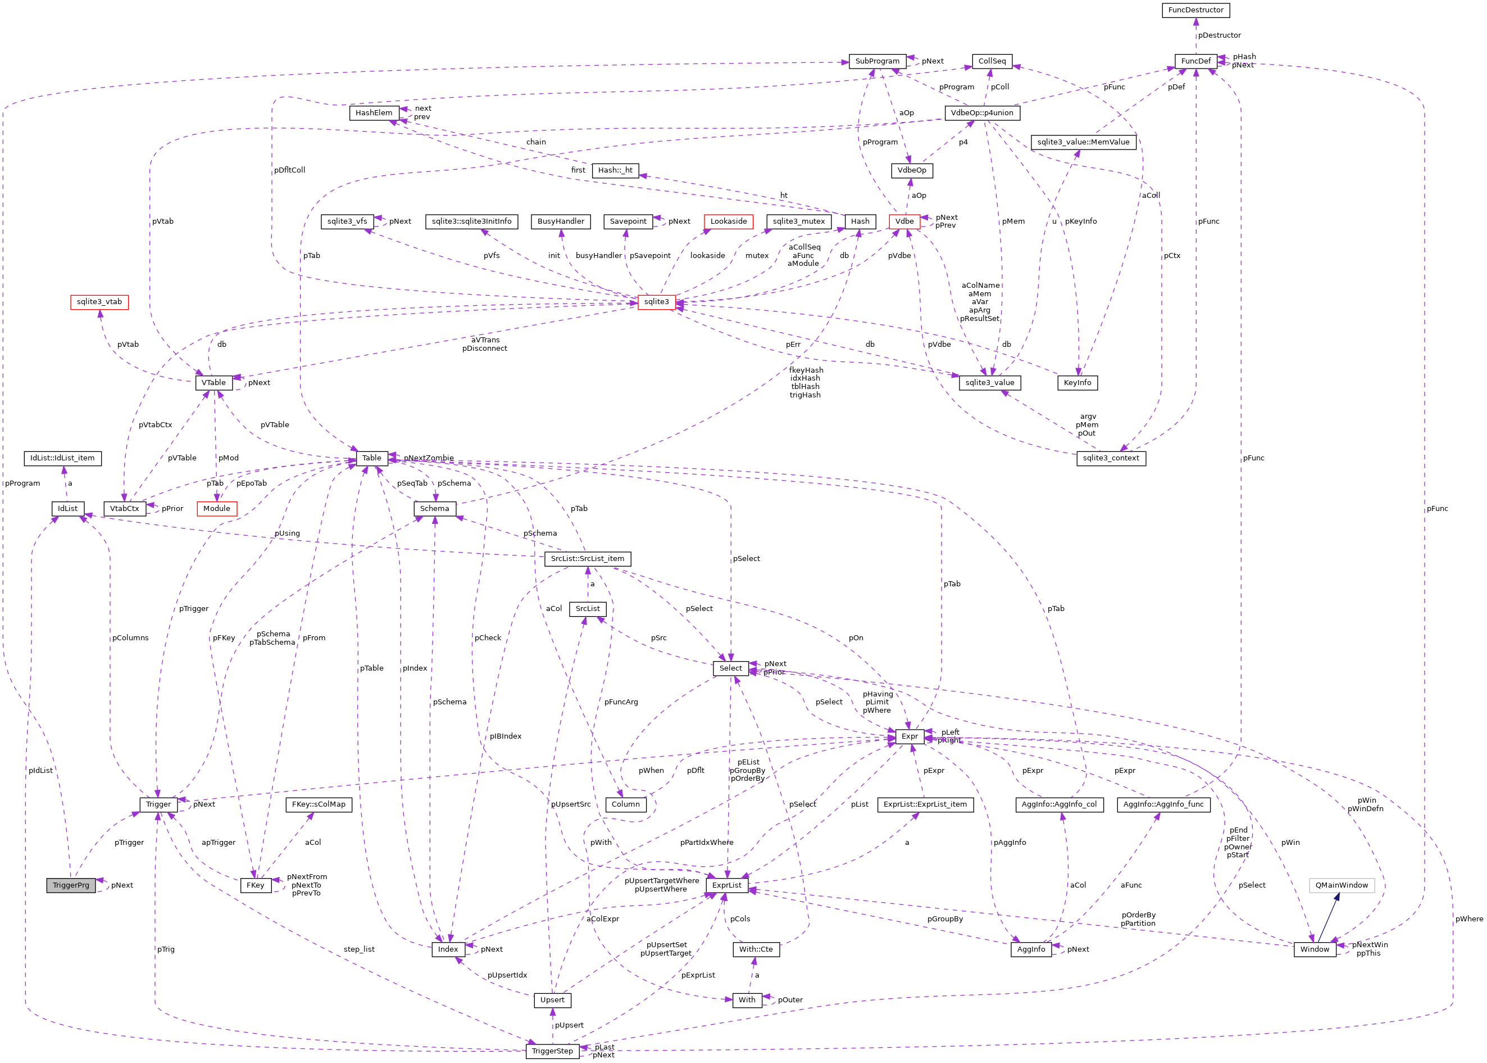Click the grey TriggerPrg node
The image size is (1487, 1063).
(71, 885)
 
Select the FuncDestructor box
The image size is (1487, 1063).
(1195, 10)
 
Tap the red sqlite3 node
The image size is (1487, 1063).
(656, 302)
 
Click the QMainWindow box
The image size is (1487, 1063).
(1341, 885)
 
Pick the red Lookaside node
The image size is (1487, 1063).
(728, 221)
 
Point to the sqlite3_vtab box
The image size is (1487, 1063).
(99, 302)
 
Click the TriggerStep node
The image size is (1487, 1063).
(552, 1051)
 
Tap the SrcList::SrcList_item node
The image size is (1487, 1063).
(587, 558)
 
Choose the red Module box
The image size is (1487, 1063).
(216, 509)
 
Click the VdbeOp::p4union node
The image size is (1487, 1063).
(981, 112)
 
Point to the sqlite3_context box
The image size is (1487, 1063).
(1110, 458)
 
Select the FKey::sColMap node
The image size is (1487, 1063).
(319, 804)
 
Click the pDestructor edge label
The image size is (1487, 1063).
(1219, 35)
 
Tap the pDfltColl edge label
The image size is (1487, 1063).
(289, 170)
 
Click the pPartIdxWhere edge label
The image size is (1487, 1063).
(707, 843)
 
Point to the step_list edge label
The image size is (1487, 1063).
(359, 949)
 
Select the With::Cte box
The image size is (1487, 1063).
(756, 949)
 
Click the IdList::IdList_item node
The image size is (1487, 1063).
(62, 458)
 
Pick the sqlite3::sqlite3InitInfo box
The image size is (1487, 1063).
(471, 221)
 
